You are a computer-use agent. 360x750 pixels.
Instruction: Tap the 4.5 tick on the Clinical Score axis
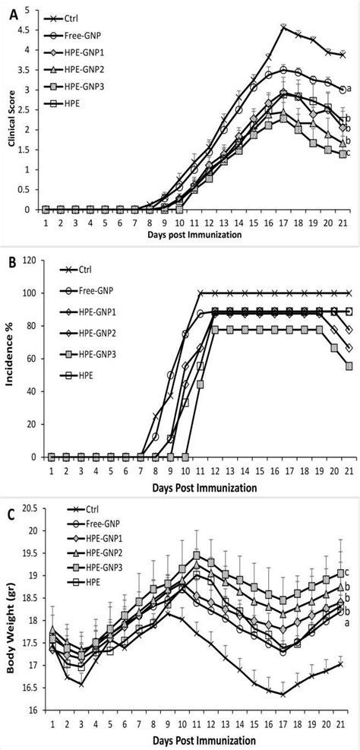(29, 30)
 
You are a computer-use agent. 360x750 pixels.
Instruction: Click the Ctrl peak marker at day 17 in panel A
(283, 27)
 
